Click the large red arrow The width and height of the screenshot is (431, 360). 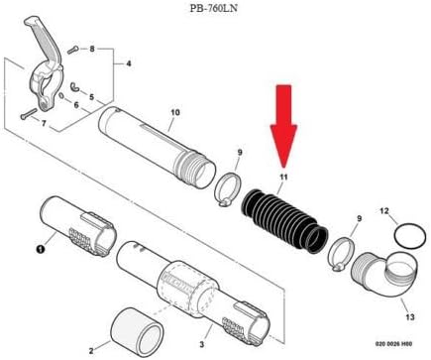284,125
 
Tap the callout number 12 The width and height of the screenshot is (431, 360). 385,211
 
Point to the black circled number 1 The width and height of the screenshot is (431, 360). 41,249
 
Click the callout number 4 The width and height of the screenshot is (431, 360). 128,63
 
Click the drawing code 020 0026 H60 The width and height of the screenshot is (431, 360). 389,349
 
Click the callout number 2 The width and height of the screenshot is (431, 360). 91,348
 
